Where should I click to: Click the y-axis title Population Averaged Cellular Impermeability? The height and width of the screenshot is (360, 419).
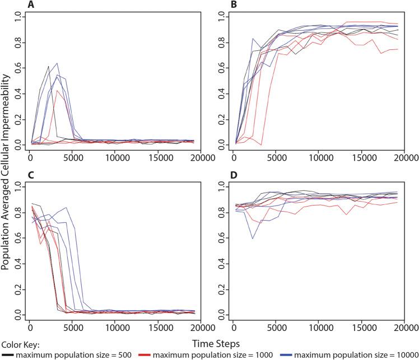click(6, 168)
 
